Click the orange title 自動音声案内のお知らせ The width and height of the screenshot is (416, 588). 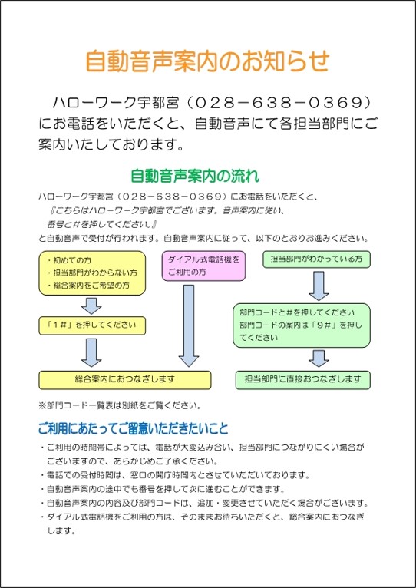click(x=207, y=61)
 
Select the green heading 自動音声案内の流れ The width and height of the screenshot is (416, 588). click(x=195, y=177)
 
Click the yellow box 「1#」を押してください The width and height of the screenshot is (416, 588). click(x=92, y=325)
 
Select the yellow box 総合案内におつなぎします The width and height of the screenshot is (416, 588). click(x=125, y=380)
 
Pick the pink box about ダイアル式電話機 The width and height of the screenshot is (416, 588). click(x=203, y=266)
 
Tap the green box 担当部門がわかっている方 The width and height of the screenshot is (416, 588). click(x=316, y=259)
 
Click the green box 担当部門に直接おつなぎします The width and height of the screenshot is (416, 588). click(x=302, y=380)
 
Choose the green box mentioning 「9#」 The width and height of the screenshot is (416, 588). click(x=302, y=325)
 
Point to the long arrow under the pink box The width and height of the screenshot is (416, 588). click(x=189, y=325)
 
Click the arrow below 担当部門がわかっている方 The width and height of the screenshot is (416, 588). click(x=319, y=286)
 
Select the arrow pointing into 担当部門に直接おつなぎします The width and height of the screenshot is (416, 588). click(x=319, y=358)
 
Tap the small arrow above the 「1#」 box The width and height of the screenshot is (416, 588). click(x=91, y=306)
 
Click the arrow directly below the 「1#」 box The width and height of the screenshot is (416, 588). click(x=91, y=352)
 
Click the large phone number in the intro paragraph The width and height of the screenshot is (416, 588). click(x=278, y=103)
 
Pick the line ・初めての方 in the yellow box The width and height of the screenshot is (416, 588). click(x=69, y=260)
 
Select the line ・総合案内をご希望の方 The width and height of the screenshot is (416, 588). click(x=89, y=286)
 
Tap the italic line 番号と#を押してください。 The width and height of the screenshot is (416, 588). click(x=101, y=225)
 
